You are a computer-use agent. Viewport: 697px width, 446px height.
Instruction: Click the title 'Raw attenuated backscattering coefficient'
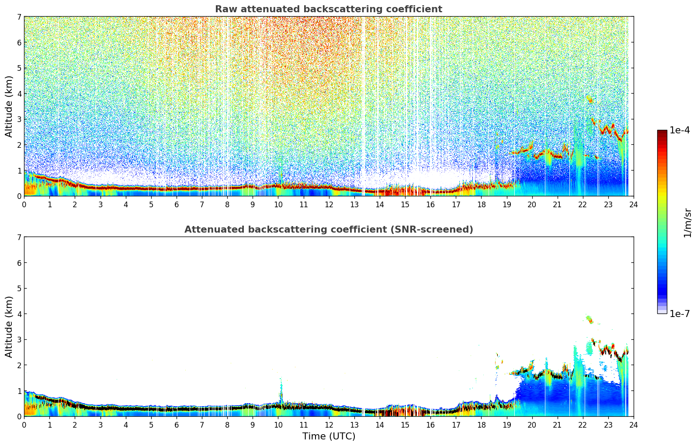click(x=328, y=9)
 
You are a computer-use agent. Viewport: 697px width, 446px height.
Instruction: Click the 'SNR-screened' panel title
click(x=328, y=230)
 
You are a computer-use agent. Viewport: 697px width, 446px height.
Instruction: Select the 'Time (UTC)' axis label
click(x=329, y=436)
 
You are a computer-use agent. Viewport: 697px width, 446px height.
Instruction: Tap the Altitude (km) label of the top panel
click(x=9, y=106)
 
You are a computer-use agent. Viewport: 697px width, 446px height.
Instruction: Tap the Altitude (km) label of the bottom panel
click(x=9, y=327)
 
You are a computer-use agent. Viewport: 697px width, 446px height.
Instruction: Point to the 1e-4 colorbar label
click(x=680, y=130)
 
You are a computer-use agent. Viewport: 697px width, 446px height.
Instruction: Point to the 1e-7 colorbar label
click(x=680, y=314)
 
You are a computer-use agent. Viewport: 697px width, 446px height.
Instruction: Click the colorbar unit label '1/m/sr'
click(x=687, y=223)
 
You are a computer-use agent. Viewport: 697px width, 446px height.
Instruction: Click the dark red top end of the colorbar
click(x=662, y=132)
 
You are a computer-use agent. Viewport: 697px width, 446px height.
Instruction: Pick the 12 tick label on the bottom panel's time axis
click(x=329, y=425)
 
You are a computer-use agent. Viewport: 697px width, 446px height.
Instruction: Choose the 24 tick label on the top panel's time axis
click(x=633, y=205)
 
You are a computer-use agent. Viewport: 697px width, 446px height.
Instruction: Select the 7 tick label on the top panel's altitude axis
click(x=19, y=17)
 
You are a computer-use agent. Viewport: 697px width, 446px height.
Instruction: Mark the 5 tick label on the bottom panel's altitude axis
click(x=19, y=289)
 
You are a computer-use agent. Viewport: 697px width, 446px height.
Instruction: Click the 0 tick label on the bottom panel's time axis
click(x=24, y=425)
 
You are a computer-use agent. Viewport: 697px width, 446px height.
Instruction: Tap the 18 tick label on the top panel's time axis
click(x=481, y=205)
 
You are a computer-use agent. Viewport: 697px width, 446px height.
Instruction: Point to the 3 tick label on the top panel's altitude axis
click(x=19, y=119)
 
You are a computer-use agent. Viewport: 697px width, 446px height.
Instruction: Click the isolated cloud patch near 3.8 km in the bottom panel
click(x=590, y=319)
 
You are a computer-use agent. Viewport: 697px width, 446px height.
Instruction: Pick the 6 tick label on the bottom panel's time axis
click(x=177, y=425)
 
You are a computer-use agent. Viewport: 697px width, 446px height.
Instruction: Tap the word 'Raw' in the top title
click(x=225, y=9)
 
